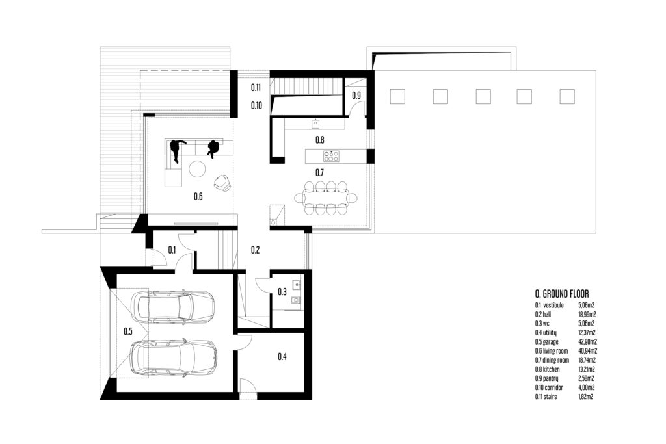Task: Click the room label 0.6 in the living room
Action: (x=198, y=196)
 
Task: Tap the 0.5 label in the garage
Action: (x=128, y=332)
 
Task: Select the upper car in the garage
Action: (x=172, y=306)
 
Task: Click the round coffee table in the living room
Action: (x=197, y=168)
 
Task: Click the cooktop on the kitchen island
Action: (x=331, y=156)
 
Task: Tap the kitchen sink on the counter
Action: (x=315, y=124)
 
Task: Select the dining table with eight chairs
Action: (x=326, y=198)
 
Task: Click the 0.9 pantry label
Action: (x=356, y=96)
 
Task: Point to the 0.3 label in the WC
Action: (x=282, y=292)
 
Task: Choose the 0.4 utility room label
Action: (x=282, y=356)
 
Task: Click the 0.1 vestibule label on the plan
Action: (x=172, y=250)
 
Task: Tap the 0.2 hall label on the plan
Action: (x=255, y=250)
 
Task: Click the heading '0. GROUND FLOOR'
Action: (x=561, y=294)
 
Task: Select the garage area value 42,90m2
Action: (x=587, y=342)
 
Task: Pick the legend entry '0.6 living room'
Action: (x=552, y=351)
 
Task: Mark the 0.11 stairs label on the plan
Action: (x=255, y=88)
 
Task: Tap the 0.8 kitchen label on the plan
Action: (x=320, y=140)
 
